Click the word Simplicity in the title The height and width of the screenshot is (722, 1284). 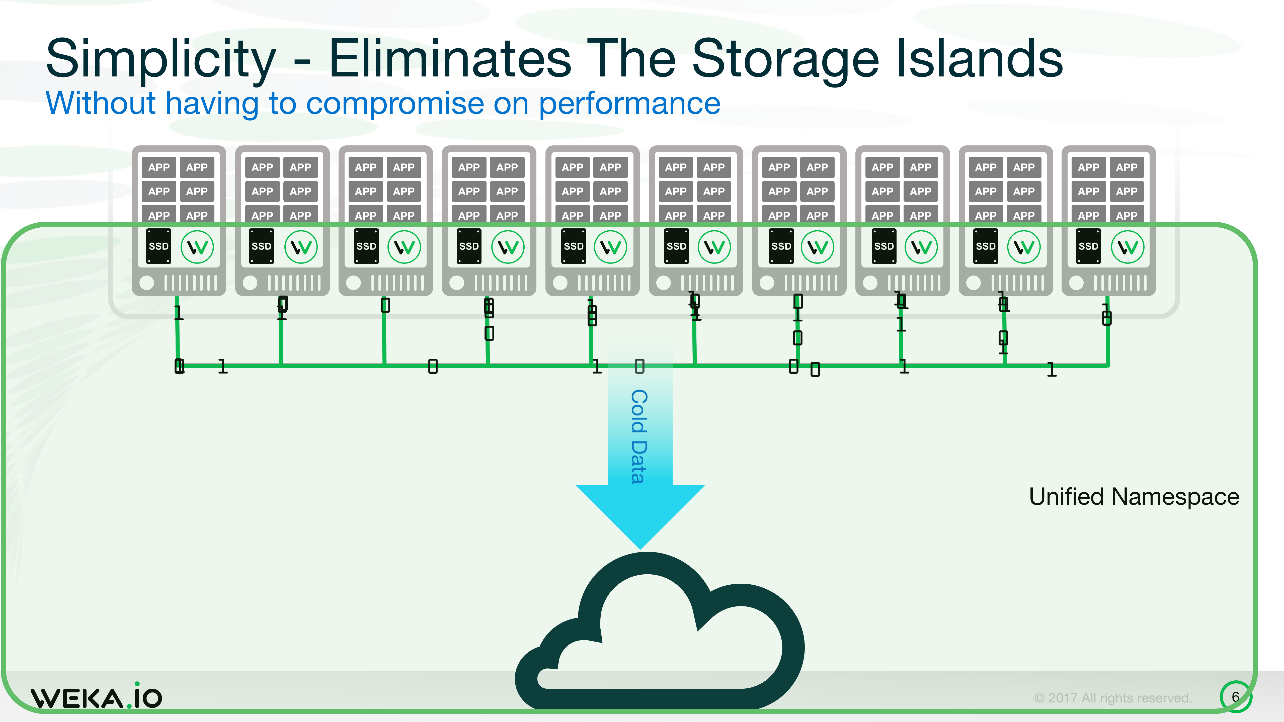160,60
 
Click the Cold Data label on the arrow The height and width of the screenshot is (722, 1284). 639,436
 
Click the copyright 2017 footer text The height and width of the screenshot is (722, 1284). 1112,698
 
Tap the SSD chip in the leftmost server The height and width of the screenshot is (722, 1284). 158,246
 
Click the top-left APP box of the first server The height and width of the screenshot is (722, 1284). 159,167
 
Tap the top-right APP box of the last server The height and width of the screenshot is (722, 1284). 1127,167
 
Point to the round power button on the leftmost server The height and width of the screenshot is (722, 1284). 146,283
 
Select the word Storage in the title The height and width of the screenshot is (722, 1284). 785,60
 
